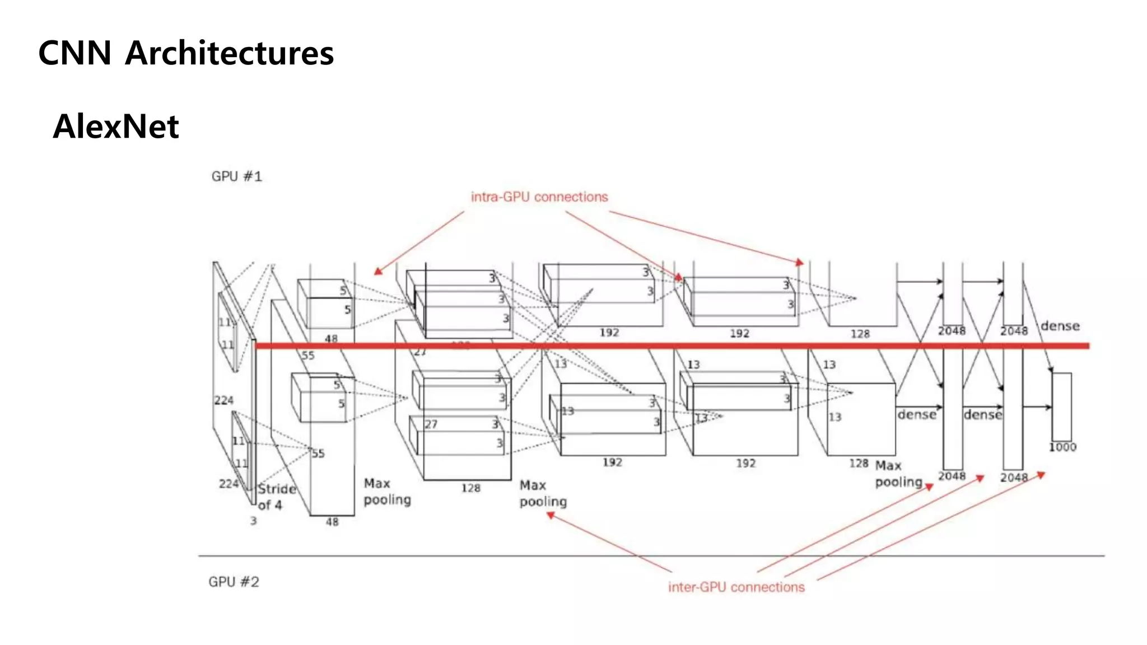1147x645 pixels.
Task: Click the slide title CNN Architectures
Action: [x=185, y=53]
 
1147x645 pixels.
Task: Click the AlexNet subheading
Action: [x=116, y=127]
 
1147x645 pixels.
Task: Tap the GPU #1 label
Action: [x=236, y=176]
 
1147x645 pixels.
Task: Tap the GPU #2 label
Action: [x=234, y=582]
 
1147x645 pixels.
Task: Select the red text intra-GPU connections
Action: [x=539, y=197]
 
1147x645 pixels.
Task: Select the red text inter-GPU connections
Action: [x=736, y=587]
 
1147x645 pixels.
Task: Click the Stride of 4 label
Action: [x=276, y=497]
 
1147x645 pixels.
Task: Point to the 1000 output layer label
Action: [x=1062, y=447]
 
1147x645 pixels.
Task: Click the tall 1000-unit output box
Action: [x=1061, y=406]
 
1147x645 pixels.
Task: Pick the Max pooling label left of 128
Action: [x=387, y=491]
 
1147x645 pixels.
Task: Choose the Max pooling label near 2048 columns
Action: [x=898, y=474]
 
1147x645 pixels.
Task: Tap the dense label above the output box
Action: [x=1060, y=326]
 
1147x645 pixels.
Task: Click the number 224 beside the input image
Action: [x=223, y=400]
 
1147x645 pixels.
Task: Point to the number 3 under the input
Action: [x=253, y=521]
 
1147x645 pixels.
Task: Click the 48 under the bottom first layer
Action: [x=332, y=522]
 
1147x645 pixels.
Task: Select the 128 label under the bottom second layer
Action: [x=470, y=488]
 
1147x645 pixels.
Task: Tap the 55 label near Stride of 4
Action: [x=318, y=454]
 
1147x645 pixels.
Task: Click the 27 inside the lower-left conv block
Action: [x=431, y=424]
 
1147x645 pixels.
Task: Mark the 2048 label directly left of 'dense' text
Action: [x=1014, y=331]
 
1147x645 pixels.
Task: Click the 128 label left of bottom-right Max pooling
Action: [x=858, y=464]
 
